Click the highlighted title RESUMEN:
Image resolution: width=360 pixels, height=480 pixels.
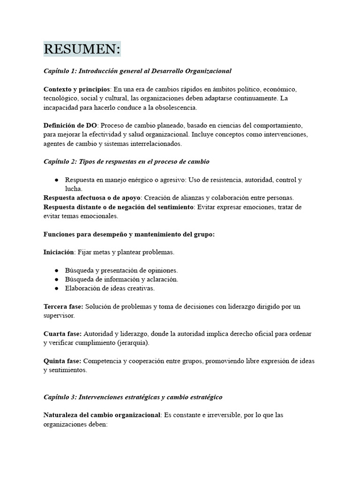[x=82, y=49]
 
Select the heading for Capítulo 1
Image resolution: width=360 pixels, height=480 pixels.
[x=137, y=71]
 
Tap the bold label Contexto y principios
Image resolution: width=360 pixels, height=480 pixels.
[x=77, y=89]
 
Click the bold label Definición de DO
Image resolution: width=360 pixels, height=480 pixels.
[x=70, y=125]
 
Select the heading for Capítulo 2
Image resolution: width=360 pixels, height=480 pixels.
[x=126, y=162]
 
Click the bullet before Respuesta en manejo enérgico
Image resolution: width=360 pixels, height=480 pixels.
[x=56, y=180]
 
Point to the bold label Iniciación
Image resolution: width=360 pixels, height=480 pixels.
[x=59, y=252]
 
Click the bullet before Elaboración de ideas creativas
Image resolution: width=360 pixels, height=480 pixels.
[x=56, y=288]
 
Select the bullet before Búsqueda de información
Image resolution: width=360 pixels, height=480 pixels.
[x=56, y=279]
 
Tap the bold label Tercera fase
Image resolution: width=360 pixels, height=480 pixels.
[x=63, y=307]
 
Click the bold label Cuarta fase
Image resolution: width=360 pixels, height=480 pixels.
[x=62, y=334]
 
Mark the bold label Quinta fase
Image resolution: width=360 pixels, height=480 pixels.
[x=62, y=361]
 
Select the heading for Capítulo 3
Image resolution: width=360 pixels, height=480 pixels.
[x=133, y=397]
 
